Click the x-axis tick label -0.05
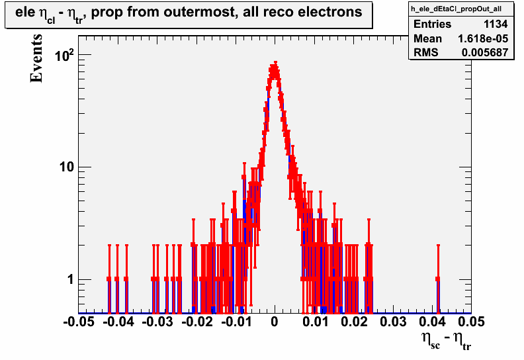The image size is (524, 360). pyautogui.click(x=79, y=322)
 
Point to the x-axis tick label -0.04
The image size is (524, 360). pyautogui.click(x=118, y=322)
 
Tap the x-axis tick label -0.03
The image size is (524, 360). pyautogui.click(x=157, y=322)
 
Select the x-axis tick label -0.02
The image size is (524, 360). pyautogui.click(x=197, y=322)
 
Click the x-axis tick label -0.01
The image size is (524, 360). pyautogui.click(x=236, y=322)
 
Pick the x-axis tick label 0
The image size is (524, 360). pyautogui.click(x=275, y=322)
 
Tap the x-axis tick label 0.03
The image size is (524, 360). pyautogui.click(x=393, y=322)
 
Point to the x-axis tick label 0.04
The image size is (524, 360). pyautogui.click(x=433, y=322)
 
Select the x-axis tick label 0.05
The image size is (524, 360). pyautogui.click(x=472, y=322)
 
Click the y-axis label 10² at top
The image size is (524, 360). pyautogui.click(x=64, y=55)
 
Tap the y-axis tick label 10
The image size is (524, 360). pyautogui.click(x=67, y=167)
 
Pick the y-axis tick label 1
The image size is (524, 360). pyautogui.click(x=71, y=279)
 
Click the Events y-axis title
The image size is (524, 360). pyautogui.click(x=36, y=58)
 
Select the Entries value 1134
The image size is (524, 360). pyautogui.click(x=496, y=24)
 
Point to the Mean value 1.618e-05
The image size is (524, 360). pyautogui.click(x=483, y=38)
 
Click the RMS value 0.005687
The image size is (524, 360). pyautogui.click(x=485, y=52)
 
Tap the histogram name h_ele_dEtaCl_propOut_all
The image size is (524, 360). pyautogui.click(x=456, y=9)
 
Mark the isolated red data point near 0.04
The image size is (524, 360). pyautogui.click(x=438, y=279)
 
